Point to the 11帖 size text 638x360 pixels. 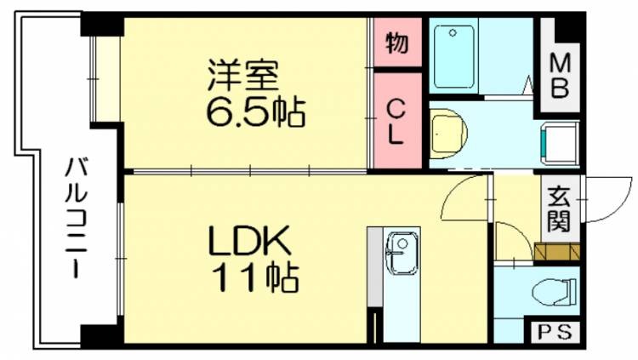254,276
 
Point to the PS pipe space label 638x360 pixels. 555,332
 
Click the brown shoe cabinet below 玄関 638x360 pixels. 558,250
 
